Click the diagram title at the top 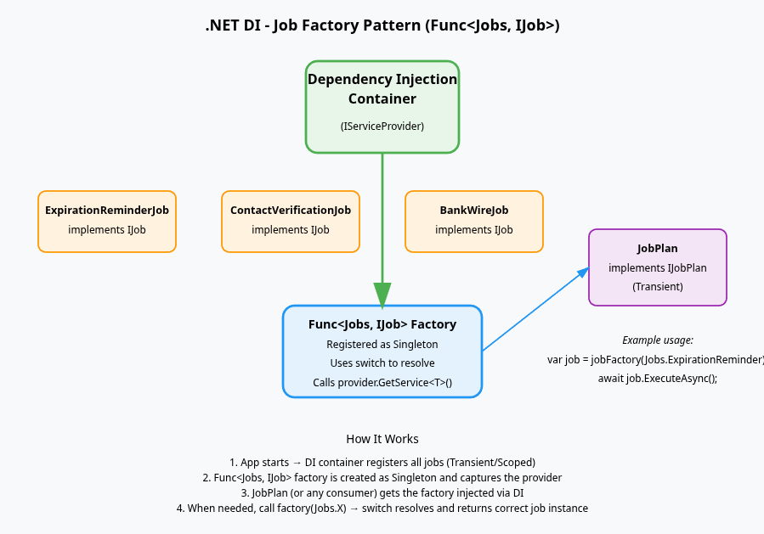[x=382, y=25]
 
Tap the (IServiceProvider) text [x=382, y=126]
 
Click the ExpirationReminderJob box [x=107, y=221]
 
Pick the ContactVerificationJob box [x=291, y=221]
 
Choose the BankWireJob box [x=474, y=221]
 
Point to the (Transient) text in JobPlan [x=657, y=287]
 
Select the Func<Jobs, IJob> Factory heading [x=382, y=324]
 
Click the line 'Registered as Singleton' [x=382, y=344]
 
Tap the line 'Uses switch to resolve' [x=382, y=363]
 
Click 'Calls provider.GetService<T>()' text [x=382, y=383]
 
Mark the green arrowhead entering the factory [x=382, y=295]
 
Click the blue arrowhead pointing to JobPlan [x=583, y=273]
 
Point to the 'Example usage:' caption [x=657, y=340]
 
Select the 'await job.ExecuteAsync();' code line [x=657, y=379]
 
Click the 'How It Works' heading [x=382, y=439]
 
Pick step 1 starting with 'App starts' [x=382, y=463]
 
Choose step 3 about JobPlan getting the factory [x=382, y=493]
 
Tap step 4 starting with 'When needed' [x=382, y=509]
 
